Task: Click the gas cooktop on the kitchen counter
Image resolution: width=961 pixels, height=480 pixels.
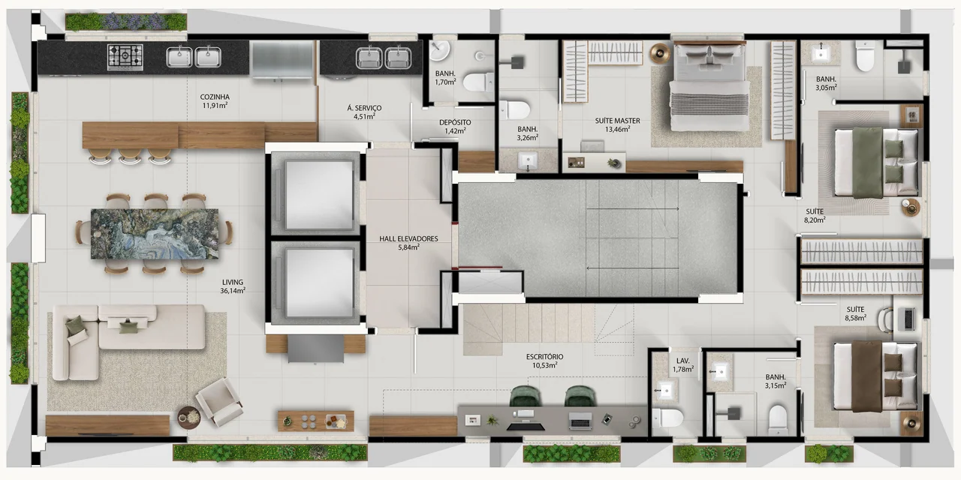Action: coord(125,57)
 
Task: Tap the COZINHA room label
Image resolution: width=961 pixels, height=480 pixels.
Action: coord(215,97)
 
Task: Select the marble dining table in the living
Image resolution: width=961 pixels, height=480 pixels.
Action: coord(155,234)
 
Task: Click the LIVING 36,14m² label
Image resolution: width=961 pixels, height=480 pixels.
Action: coord(233,286)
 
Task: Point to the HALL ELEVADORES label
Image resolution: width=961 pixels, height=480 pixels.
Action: coord(408,238)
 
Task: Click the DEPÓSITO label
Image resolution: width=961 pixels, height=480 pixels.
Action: coord(455,122)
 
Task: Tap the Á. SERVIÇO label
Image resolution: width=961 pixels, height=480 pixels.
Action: coord(364,108)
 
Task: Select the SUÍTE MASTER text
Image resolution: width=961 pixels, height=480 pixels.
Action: coord(617,121)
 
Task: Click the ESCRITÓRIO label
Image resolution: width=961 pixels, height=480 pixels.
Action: coord(545,356)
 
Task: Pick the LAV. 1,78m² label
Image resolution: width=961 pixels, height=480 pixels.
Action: coord(683,365)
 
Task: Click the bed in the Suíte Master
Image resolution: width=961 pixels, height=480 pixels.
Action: coord(709,86)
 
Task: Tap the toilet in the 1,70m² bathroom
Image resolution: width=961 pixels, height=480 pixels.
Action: coord(478,82)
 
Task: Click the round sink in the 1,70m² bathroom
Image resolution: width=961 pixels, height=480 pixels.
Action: coord(439,51)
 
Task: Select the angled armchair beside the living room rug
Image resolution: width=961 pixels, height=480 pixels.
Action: coord(219,402)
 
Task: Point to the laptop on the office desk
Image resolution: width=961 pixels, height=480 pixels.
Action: coord(580,421)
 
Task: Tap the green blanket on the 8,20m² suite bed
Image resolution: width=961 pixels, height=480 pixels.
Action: coord(867,163)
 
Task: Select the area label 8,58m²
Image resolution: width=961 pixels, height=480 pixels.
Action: coord(855,318)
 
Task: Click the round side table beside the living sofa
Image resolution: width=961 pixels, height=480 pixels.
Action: coord(189,418)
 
